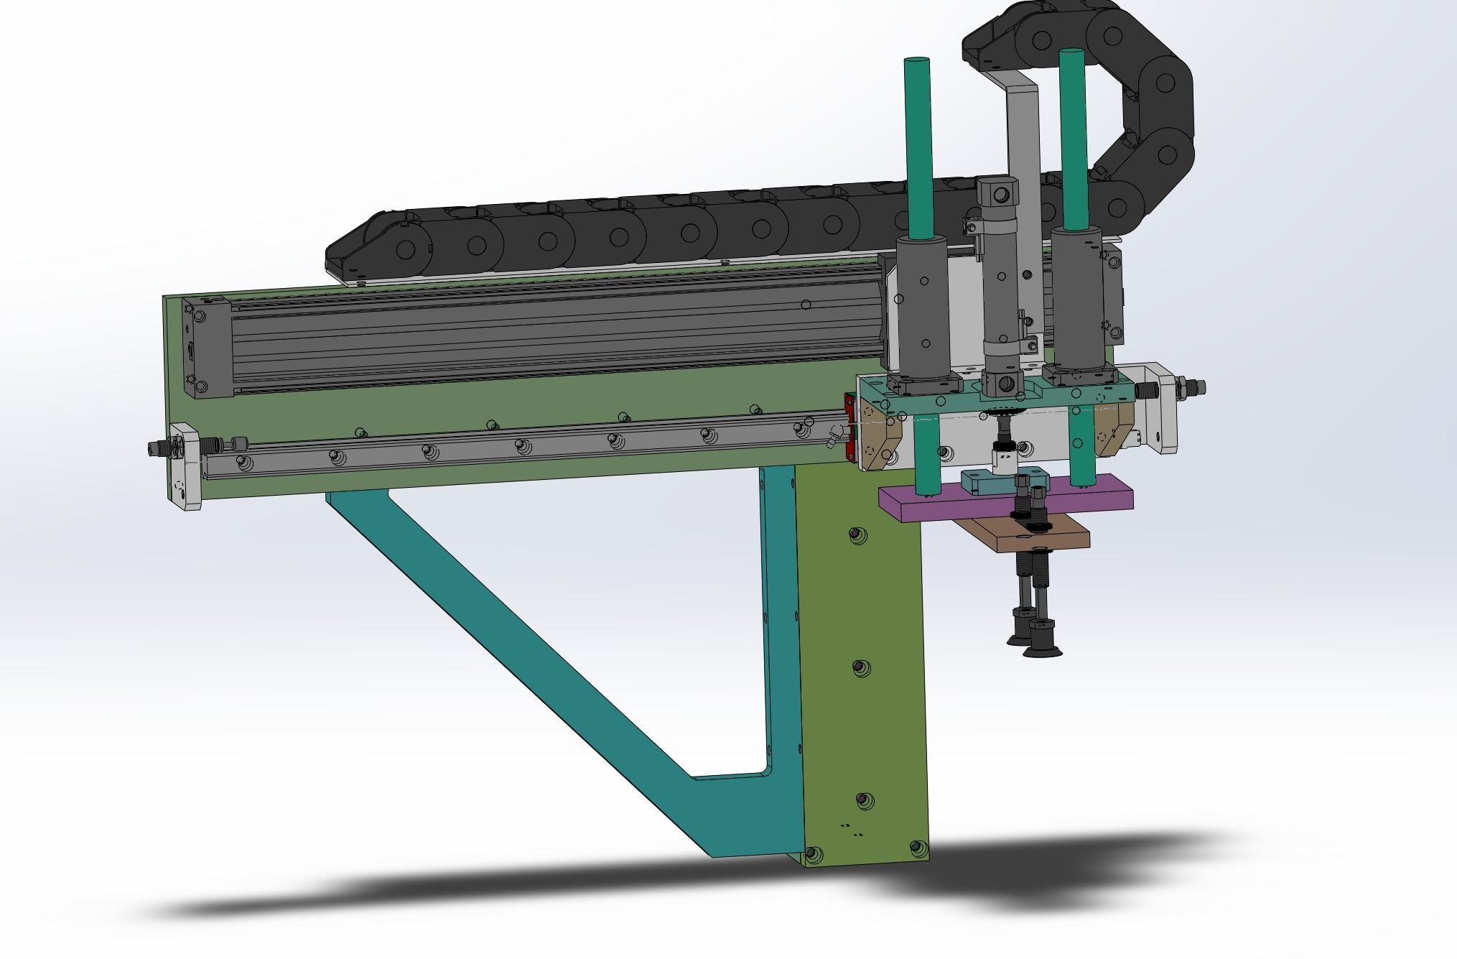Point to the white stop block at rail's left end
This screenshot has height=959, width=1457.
pyautogui.click(x=185, y=467)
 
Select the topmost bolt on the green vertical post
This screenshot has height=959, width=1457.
pyautogui.click(x=855, y=535)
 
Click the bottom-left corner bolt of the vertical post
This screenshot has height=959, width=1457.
pyautogui.click(x=812, y=854)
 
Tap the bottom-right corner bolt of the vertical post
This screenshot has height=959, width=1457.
pyautogui.click(x=917, y=848)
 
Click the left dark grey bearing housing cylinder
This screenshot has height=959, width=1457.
pyautogui.click(x=923, y=309)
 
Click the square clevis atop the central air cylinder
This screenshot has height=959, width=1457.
pyautogui.click(x=997, y=193)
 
